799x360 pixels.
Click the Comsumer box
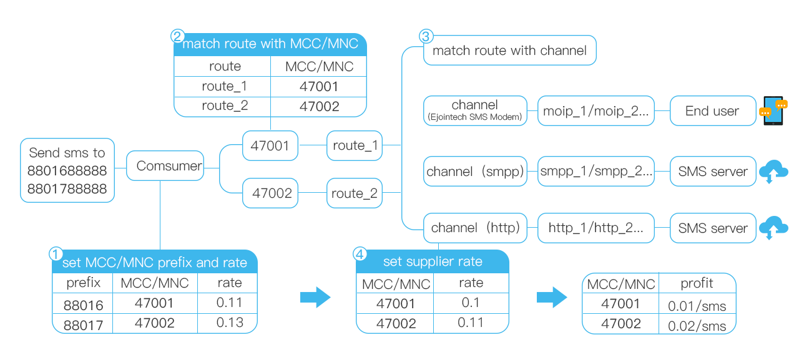(165, 166)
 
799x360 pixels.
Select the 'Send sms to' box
(67, 170)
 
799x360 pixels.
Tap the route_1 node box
(355, 146)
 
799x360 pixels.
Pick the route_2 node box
(355, 193)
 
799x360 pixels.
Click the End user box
(712, 111)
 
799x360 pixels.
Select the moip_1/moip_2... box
(596, 111)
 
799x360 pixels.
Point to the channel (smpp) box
(475, 172)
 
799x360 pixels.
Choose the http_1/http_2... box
(596, 228)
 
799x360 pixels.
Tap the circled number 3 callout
(426, 36)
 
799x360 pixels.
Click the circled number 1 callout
(56, 255)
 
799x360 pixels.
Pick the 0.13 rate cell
(229, 323)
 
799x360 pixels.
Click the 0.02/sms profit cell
(697, 325)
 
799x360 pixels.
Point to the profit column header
(697, 283)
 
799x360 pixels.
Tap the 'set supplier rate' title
(433, 261)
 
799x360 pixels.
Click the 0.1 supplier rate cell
(471, 303)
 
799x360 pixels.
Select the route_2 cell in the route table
(224, 106)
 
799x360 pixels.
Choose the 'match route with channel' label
(509, 51)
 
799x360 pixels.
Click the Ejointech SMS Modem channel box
(474, 111)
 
